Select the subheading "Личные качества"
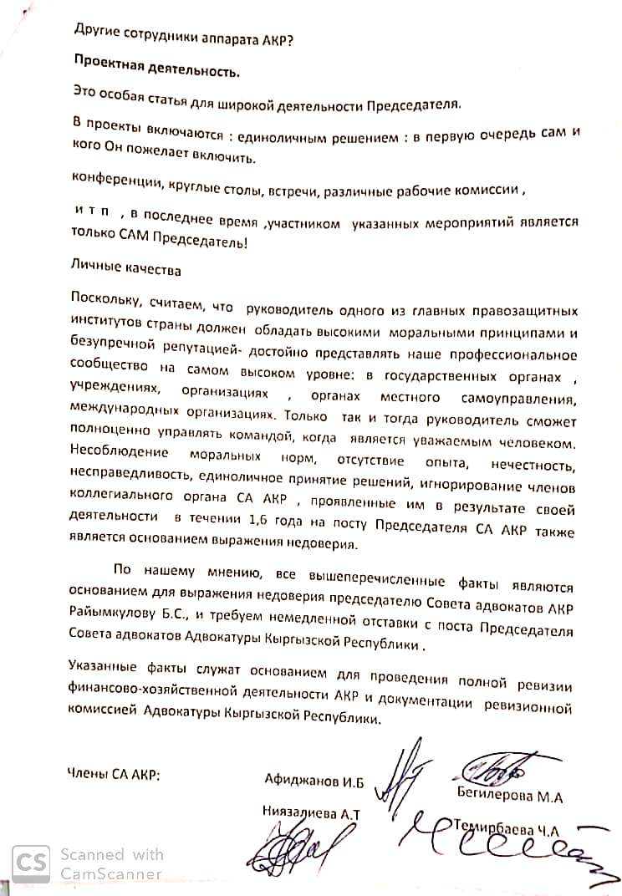(x=125, y=271)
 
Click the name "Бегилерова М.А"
(x=509, y=797)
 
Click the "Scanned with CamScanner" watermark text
(x=111, y=863)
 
